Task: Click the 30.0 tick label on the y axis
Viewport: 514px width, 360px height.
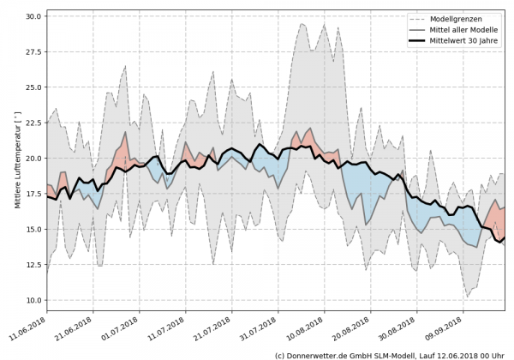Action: [x=34, y=16]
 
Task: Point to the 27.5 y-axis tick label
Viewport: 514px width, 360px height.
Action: [x=34, y=51]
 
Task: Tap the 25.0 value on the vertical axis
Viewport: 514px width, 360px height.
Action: [x=34, y=87]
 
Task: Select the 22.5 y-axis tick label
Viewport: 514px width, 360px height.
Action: [x=34, y=123]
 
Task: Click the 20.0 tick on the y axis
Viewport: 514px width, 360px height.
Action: [x=34, y=159]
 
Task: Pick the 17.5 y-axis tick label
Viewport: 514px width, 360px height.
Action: [x=34, y=194]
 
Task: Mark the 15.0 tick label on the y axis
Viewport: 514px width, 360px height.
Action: [x=34, y=230]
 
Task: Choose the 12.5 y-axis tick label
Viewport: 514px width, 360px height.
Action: [x=34, y=265]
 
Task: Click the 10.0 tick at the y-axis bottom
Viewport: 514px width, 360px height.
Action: [x=34, y=301]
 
